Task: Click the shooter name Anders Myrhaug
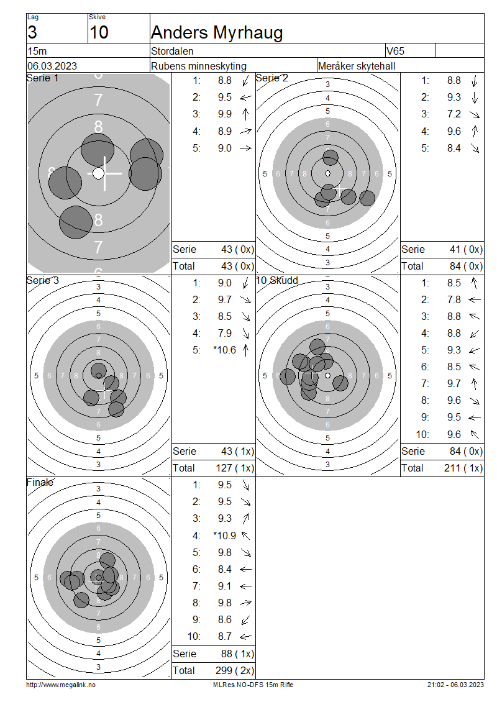click(x=217, y=33)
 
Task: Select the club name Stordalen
click(x=172, y=51)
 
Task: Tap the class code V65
click(x=395, y=51)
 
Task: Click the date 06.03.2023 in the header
click(x=52, y=66)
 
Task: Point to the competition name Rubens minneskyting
click(x=199, y=66)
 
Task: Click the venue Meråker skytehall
click(x=357, y=66)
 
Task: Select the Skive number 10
click(x=99, y=32)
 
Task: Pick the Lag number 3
click(x=32, y=32)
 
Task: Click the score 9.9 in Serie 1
click(x=225, y=114)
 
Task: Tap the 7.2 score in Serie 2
click(x=454, y=114)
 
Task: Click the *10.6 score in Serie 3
click(x=224, y=350)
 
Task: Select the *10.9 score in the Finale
click(x=224, y=536)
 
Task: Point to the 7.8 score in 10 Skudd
click(x=454, y=300)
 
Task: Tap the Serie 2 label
click(x=271, y=78)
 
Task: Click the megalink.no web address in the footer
click(x=61, y=685)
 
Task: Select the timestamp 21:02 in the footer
click(x=435, y=685)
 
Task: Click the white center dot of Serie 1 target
click(x=99, y=173)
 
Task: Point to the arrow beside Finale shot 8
click(x=246, y=603)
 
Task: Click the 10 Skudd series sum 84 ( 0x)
click(x=466, y=451)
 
